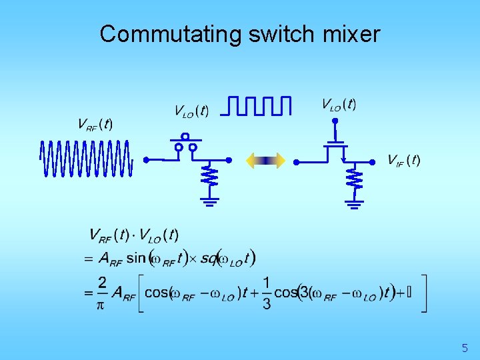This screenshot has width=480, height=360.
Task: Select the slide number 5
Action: pos(465,347)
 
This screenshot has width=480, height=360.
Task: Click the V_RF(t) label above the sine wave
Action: pos(95,125)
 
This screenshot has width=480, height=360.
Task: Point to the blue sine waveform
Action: pos(86,159)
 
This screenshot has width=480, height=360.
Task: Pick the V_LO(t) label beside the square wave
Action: pos(191,111)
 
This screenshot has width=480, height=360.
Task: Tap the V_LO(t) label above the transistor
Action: pos(339,104)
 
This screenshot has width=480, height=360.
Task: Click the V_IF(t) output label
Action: pos(404,160)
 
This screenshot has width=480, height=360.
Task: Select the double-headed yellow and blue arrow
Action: pos(265,160)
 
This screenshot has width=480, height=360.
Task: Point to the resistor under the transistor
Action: pos(353,178)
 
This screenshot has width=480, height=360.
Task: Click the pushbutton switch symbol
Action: pos(185,145)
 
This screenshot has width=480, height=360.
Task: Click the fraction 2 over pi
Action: pos(102,293)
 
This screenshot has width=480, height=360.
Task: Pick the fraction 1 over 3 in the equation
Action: pos(267,293)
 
